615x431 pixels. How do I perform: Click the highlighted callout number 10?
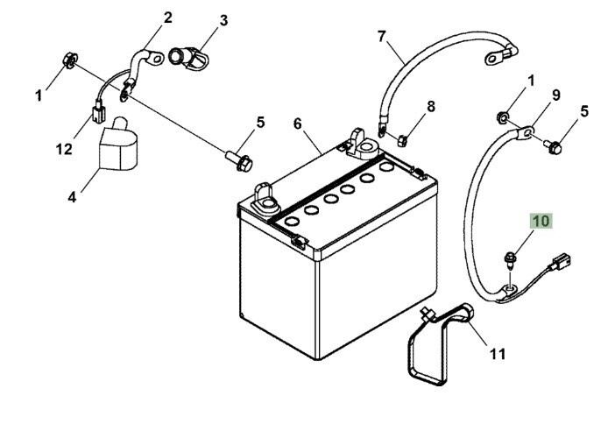tap(541, 221)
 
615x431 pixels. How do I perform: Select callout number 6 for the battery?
tap(298, 124)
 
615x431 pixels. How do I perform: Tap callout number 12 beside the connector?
tap(64, 150)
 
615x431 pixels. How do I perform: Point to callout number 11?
tap(498, 355)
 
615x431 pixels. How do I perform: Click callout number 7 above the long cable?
tap(382, 37)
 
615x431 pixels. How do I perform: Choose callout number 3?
tap(223, 20)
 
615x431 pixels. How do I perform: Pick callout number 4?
tap(72, 197)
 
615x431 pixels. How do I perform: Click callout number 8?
tap(431, 106)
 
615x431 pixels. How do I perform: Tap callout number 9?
tap(556, 95)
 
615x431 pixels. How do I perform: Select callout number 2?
tap(168, 18)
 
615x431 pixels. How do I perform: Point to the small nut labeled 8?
tap(402, 140)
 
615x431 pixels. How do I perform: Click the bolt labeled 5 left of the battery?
tap(239, 161)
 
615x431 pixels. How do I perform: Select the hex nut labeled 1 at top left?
tap(70, 60)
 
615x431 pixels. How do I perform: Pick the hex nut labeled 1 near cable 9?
tap(503, 117)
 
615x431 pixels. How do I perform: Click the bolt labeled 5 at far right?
tap(553, 146)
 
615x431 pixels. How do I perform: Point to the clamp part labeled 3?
tap(188, 57)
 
